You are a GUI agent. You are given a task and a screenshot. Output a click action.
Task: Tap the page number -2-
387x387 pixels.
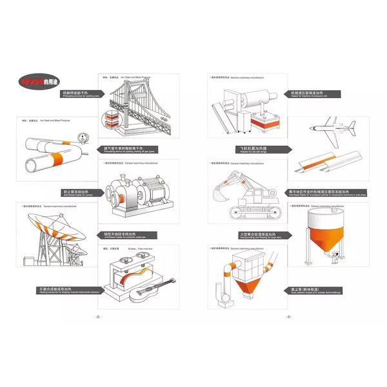pyautogui.click(x=97, y=317)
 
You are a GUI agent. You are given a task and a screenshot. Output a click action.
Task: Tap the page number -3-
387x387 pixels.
pyautogui.click(x=288, y=317)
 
